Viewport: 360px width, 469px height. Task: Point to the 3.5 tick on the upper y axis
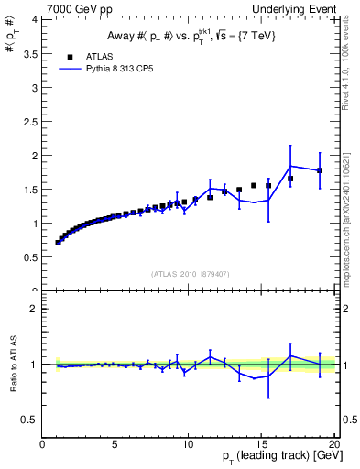(x=31, y=53)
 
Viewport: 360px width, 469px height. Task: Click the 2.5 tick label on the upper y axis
(x=31, y=121)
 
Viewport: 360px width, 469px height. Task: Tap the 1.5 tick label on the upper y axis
(x=31, y=189)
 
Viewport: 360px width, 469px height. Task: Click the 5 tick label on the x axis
(x=115, y=444)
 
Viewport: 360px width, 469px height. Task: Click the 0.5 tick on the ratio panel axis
(x=31, y=420)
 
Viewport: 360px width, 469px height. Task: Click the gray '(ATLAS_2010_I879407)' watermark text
(x=189, y=272)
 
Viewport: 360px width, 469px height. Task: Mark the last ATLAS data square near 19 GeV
(x=320, y=170)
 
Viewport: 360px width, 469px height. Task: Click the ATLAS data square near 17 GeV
(x=290, y=179)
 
